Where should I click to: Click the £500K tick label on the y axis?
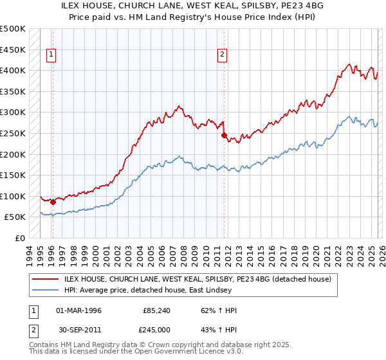click(x=13, y=29)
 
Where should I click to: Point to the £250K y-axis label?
click(x=13, y=133)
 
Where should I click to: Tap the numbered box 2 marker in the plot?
click(x=223, y=55)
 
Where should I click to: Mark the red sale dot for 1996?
click(x=53, y=203)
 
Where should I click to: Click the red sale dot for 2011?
click(x=224, y=136)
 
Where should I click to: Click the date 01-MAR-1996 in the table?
click(x=78, y=310)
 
